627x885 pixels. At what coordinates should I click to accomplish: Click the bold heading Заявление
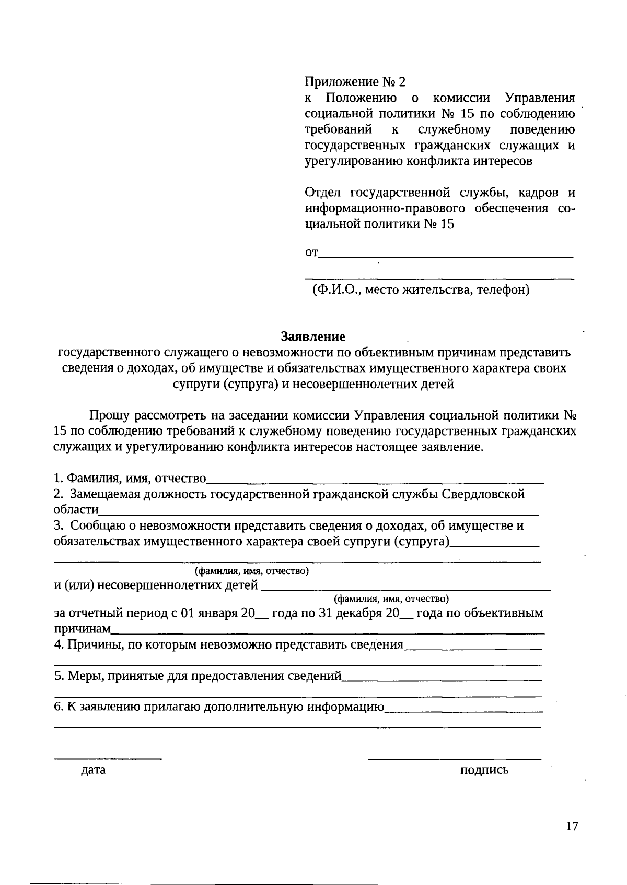[x=313, y=336]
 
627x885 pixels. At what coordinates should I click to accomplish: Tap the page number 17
[x=572, y=826]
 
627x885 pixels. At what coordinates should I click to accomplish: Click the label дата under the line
[x=93, y=770]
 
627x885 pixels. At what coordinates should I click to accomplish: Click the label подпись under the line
[x=484, y=770]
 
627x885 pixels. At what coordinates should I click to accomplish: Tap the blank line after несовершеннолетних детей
[x=405, y=589]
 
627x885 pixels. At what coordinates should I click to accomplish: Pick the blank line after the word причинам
[x=328, y=632]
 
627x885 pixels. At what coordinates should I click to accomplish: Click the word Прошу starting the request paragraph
[x=110, y=416]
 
